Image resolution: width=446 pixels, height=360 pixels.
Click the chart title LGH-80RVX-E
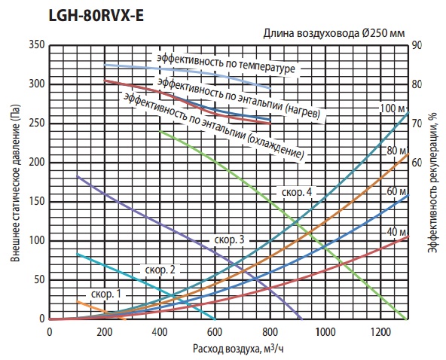pos(96,16)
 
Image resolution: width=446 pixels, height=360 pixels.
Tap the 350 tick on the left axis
pos(37,45)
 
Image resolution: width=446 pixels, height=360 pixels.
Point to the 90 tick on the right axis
pos(417,45)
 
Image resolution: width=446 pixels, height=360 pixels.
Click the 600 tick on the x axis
pos(215,332)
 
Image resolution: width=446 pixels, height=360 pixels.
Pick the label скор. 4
pos(297,192)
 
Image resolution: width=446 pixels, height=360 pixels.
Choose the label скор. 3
pos(229,239)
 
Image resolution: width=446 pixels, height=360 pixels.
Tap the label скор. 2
pos(160,270)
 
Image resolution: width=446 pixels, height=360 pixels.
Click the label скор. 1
pos(106,294)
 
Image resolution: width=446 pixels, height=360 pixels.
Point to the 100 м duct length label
pos(393,108)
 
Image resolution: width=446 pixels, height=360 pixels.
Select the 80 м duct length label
pos(396,151)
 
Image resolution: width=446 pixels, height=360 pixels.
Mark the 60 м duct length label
pos(396,191)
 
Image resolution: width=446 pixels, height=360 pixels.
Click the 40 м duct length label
pos(396,232)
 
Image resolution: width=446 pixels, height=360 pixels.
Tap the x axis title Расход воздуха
pos(226,349)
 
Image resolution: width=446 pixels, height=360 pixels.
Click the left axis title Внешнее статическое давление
pos(15,184)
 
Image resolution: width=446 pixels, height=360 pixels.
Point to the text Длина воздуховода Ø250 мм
pos(334,33)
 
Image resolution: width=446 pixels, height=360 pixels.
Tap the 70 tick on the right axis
pos(417,124)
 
